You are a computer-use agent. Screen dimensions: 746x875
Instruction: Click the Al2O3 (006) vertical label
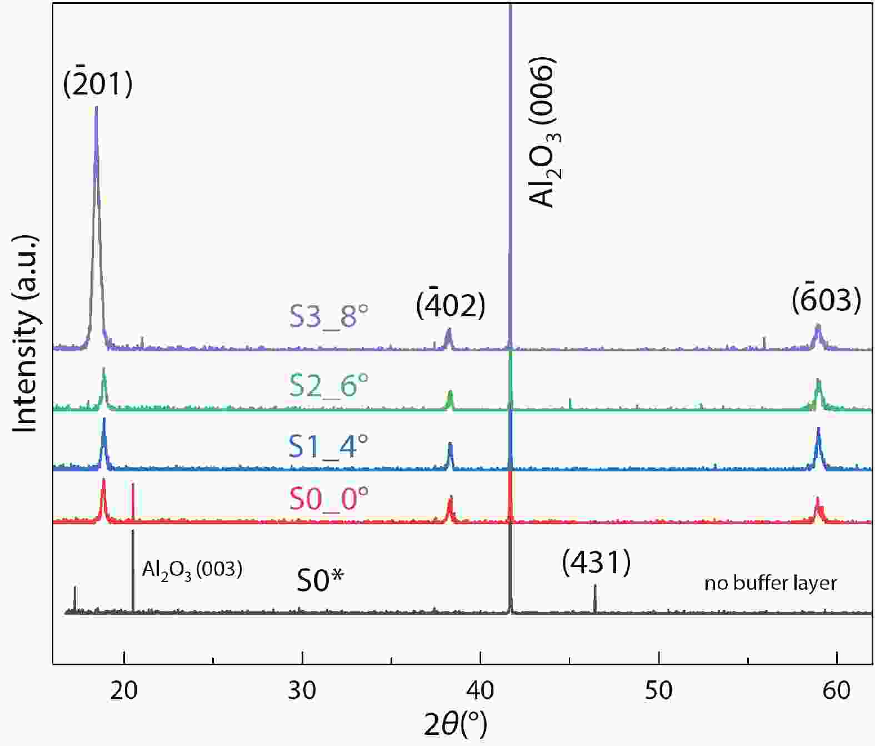point(543,132)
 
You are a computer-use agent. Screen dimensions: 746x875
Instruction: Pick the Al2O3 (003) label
point(192,569)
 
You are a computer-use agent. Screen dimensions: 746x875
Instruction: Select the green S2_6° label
point(329,385)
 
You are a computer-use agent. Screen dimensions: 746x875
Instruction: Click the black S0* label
point(320,581)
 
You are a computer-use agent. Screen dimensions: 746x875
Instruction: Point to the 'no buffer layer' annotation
point(771,583)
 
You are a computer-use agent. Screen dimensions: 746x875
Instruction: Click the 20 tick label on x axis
point(124,690)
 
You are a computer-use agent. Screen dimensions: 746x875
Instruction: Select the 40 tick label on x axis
point(481,690)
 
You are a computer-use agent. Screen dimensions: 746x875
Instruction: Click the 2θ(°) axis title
point(456,724)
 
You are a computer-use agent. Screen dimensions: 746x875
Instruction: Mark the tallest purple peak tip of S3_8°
point(97,107)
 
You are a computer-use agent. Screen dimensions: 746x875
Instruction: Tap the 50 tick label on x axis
point(659,690)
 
